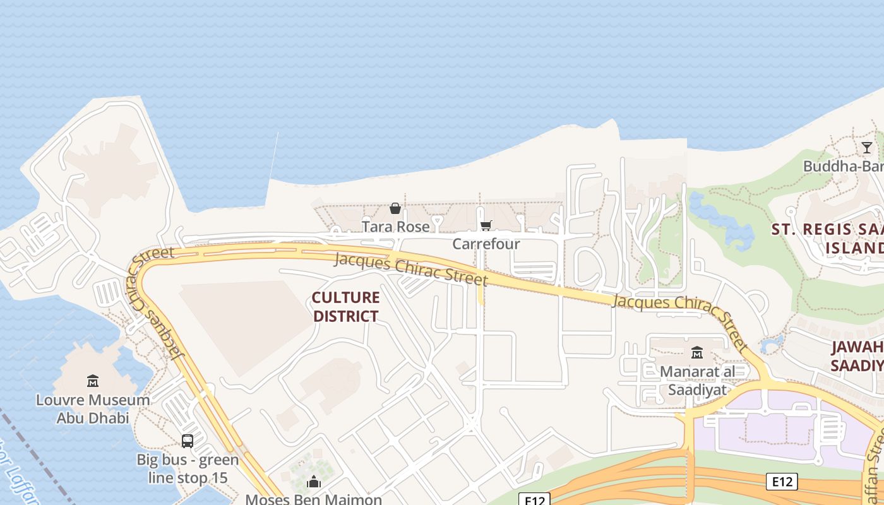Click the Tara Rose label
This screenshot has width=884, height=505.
pos(395,226)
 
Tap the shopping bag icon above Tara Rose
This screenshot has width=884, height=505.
pos(395,208)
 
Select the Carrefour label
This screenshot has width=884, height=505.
pos(486,244)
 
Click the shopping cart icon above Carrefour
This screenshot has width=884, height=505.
pos(486,226)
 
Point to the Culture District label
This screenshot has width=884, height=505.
pos(346,307)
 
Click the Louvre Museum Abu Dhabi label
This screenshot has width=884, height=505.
pos(93,408)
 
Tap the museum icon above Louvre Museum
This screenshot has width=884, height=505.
pos(93,381)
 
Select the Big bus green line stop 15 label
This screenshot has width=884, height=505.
pos(188,468)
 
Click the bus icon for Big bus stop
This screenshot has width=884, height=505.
pos(188,441)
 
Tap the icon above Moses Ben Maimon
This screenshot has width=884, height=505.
pos(314,483)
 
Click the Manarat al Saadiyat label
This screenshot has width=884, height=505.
pos(697,380)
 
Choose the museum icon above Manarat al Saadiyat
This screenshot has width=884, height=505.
pos(697,352)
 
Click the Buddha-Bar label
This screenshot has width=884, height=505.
pos(843,166)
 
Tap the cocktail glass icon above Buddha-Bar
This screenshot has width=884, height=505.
pos(867,148)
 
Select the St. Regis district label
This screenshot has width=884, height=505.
pos(827,238)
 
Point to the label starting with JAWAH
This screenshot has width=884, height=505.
pos(856,356)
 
